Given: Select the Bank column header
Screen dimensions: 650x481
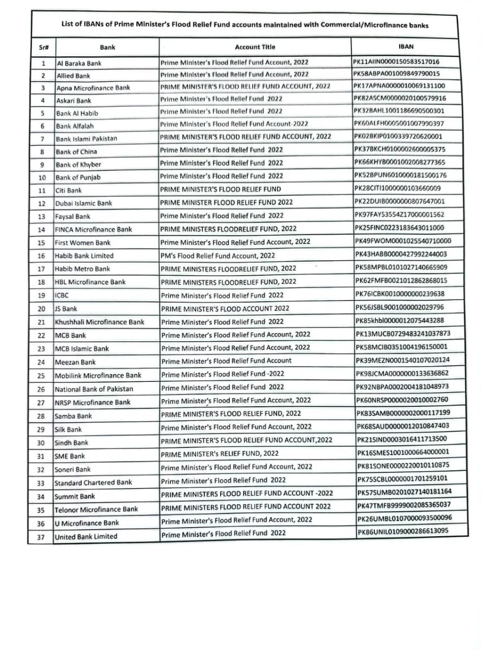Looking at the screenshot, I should [107, 48].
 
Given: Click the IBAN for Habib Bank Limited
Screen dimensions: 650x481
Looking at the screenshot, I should [401, 254].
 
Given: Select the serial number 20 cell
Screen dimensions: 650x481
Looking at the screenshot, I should [41, 309].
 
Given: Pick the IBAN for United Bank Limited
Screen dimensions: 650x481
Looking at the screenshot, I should [402, 532].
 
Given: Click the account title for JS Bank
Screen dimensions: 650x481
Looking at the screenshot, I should [225, 308].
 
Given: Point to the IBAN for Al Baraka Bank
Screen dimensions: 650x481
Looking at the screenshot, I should [396, 62].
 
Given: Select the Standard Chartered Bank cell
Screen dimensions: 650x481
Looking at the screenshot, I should [93, 482].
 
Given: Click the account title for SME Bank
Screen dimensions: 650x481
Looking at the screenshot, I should [220, 453].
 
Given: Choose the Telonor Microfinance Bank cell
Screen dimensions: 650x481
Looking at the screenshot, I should [96, 509].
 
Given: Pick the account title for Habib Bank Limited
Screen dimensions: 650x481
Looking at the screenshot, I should [218, 255].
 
